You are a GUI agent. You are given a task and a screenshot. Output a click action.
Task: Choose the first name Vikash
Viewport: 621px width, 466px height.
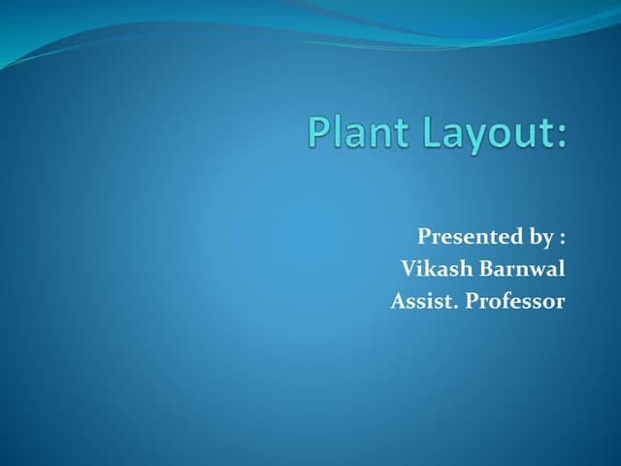433,269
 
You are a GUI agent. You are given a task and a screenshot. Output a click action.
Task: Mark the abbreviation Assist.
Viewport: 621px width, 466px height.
424,301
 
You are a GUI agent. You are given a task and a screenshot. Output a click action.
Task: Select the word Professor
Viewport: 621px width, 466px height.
514,301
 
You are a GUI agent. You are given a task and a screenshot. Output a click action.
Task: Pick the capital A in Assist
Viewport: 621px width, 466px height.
398,301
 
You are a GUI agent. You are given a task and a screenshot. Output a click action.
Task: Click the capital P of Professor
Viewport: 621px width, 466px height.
472,301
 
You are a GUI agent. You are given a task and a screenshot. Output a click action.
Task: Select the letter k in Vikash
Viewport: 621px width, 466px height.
428,269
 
